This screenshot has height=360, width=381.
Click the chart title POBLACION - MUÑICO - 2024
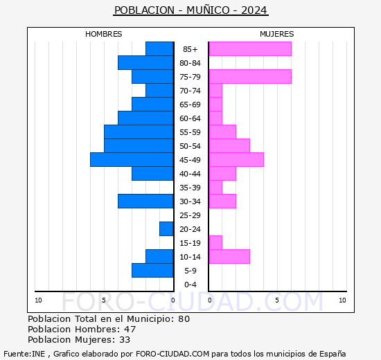(x=190, y=10)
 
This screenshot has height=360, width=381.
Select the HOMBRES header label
(x=104, y=34)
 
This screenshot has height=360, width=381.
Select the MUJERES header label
(x=276, y=34)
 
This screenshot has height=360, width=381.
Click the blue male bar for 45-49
(x=132, y=160)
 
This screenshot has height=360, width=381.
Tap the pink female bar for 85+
(x=249, y=49)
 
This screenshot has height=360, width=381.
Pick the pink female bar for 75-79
(x=249, y=77)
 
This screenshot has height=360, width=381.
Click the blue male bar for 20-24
(x=166, y=229)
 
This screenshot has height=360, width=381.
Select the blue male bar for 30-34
(x=145, y=201)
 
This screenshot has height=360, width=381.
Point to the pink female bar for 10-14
(x=229, y=257)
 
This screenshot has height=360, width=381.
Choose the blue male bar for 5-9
(x=152, y=271)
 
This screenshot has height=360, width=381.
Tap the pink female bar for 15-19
(x=215, y=243)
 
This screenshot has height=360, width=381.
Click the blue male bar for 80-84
(x=145, y=63)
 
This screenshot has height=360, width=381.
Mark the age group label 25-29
(x=190, y=215)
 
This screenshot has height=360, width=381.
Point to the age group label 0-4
(x=190, y=285)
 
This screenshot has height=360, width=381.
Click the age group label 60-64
(x=190, y=118)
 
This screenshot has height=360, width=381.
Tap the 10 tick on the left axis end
(x=38, y=300)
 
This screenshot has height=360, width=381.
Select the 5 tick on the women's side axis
(x=276, y=300)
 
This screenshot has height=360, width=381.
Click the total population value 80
(x=183, y=319)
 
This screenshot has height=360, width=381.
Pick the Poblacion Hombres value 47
(x=130, y=330)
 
